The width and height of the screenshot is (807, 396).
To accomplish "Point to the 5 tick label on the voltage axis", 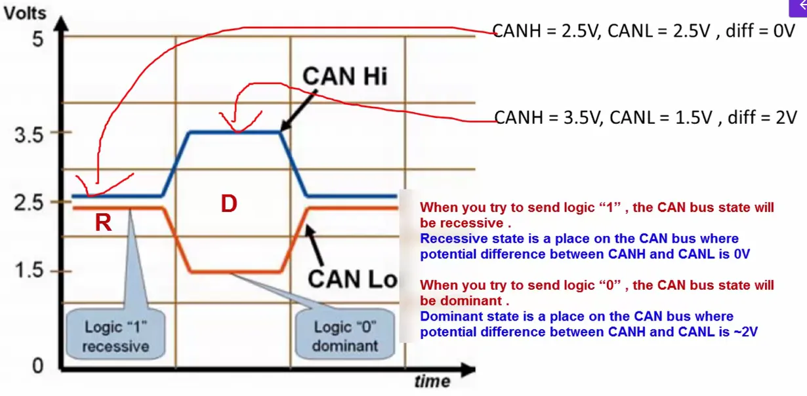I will point(37,39).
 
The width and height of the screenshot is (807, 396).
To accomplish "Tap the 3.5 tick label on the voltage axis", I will point(28,136).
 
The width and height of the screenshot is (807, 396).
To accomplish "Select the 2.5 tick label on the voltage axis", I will point(28,202).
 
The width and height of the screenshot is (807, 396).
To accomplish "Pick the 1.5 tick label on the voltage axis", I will point(28,271).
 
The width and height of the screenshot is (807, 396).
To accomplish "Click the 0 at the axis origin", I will point(37,366).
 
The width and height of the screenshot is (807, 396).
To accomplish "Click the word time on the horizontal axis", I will point(432,382).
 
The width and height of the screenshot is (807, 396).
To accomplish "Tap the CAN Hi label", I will point(344,77).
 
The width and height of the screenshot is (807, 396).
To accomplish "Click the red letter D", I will point(228,204).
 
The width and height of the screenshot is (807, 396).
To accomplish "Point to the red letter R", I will point(103,223).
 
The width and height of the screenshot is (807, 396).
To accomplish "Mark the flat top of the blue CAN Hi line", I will point(234,132).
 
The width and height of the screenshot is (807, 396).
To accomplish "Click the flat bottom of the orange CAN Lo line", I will point(234,271).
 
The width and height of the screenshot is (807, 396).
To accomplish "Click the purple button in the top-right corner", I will point(798,7).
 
